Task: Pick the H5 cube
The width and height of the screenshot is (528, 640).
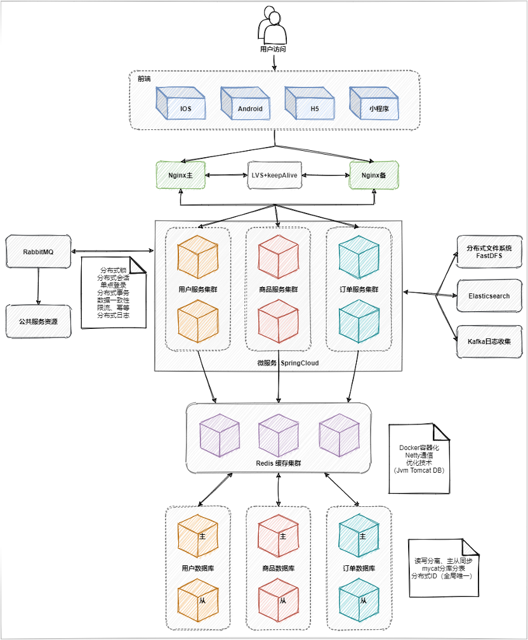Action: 310,103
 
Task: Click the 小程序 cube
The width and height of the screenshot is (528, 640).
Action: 374,103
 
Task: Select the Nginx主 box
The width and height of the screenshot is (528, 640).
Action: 181,175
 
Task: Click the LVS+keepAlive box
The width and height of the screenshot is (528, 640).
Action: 274,175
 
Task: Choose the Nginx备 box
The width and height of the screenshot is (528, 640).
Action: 374,175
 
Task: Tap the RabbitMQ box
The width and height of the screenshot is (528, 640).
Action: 39,252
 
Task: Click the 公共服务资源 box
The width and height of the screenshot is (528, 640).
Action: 39,321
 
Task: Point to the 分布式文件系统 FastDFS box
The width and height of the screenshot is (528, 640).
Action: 489,252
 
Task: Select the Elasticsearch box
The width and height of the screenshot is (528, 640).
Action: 489,296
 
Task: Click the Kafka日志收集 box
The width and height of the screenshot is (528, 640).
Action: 489,341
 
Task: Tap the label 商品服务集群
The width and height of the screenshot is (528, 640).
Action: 278,289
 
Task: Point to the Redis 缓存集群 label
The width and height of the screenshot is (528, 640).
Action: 278,463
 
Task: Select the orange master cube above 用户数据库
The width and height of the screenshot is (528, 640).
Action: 197,534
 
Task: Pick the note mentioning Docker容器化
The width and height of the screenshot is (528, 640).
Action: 419,458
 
